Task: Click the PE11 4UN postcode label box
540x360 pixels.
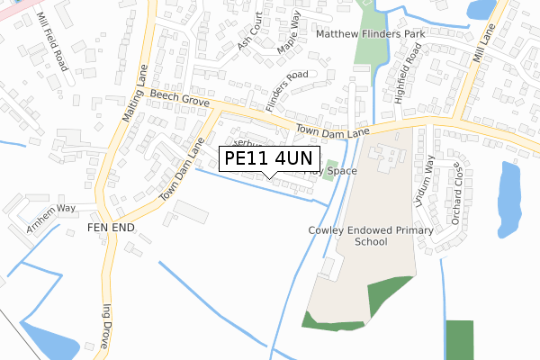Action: (267, 158)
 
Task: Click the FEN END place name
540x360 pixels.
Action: (111, 229)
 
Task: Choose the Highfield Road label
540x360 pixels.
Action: (407, 77)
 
